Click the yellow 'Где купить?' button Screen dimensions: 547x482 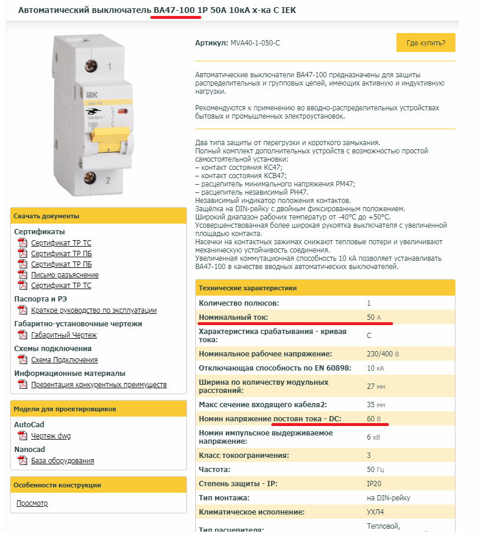click(x=425, y=43)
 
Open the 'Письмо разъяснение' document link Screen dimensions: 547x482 click(x=65, y=275)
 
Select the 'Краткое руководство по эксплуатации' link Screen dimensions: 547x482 click(x=94, y=310)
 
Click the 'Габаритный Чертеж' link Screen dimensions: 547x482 click(x=64, y=335)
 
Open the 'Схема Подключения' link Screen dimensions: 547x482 click(x=64, y=360)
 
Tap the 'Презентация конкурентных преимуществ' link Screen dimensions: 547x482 click(x=99, y=385)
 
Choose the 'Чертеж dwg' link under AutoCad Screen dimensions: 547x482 click(x=51, y=436)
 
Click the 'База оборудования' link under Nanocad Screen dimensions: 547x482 click(x=63, y=461)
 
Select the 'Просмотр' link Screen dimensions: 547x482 click(x=32, y=503)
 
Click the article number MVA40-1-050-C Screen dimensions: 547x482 click(x=254, y=43)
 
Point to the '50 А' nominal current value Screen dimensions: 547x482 click(x=374, y=317)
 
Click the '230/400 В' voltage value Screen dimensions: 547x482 click(x=383, y=354)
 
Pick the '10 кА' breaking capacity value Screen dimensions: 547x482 click(x=375, y=368)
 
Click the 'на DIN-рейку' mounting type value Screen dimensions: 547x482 click(x=388, y=498)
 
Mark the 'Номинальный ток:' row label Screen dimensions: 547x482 click(x=234, y=317)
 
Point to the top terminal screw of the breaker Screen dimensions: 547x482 click(x=91, y=65)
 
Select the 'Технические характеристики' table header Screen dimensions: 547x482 click(x=248, y=288)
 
